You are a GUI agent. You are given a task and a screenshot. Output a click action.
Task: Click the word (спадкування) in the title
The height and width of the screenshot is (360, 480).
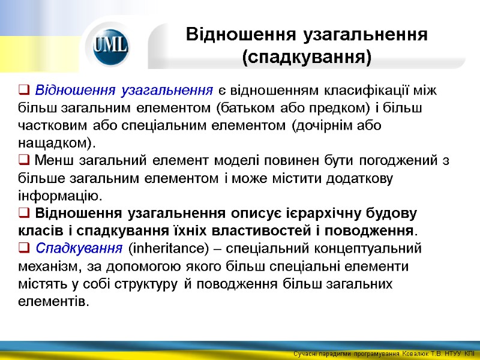307,58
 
